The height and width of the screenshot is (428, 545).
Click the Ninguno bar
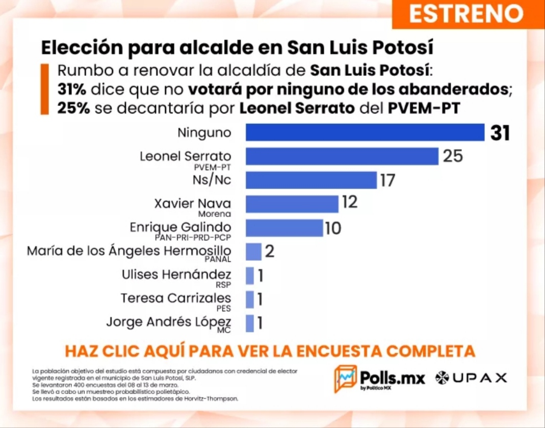tap(365, 132)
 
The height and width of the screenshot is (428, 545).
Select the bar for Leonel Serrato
tap(342, 156)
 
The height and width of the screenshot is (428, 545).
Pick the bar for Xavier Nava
tap(292, 204)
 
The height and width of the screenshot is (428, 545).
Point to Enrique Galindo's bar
tap(284, 228)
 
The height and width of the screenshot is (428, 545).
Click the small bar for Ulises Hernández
tap(250, 276)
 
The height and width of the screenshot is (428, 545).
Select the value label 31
tap(500, 133)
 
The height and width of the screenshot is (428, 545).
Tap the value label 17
tap(387, 180)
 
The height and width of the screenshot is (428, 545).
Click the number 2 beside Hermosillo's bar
tap(270, 252)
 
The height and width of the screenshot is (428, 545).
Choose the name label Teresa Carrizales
tap(175, 298)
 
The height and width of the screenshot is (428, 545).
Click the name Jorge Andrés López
tap(168, 322)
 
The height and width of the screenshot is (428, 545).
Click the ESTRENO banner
tap(466, 14)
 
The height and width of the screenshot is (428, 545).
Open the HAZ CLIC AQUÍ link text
tap(270, 351)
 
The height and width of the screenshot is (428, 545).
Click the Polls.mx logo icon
tap(345, 379)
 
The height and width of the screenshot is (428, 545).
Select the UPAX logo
tap(471, 378)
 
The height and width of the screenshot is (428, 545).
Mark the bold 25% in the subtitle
tap(73, 108)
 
